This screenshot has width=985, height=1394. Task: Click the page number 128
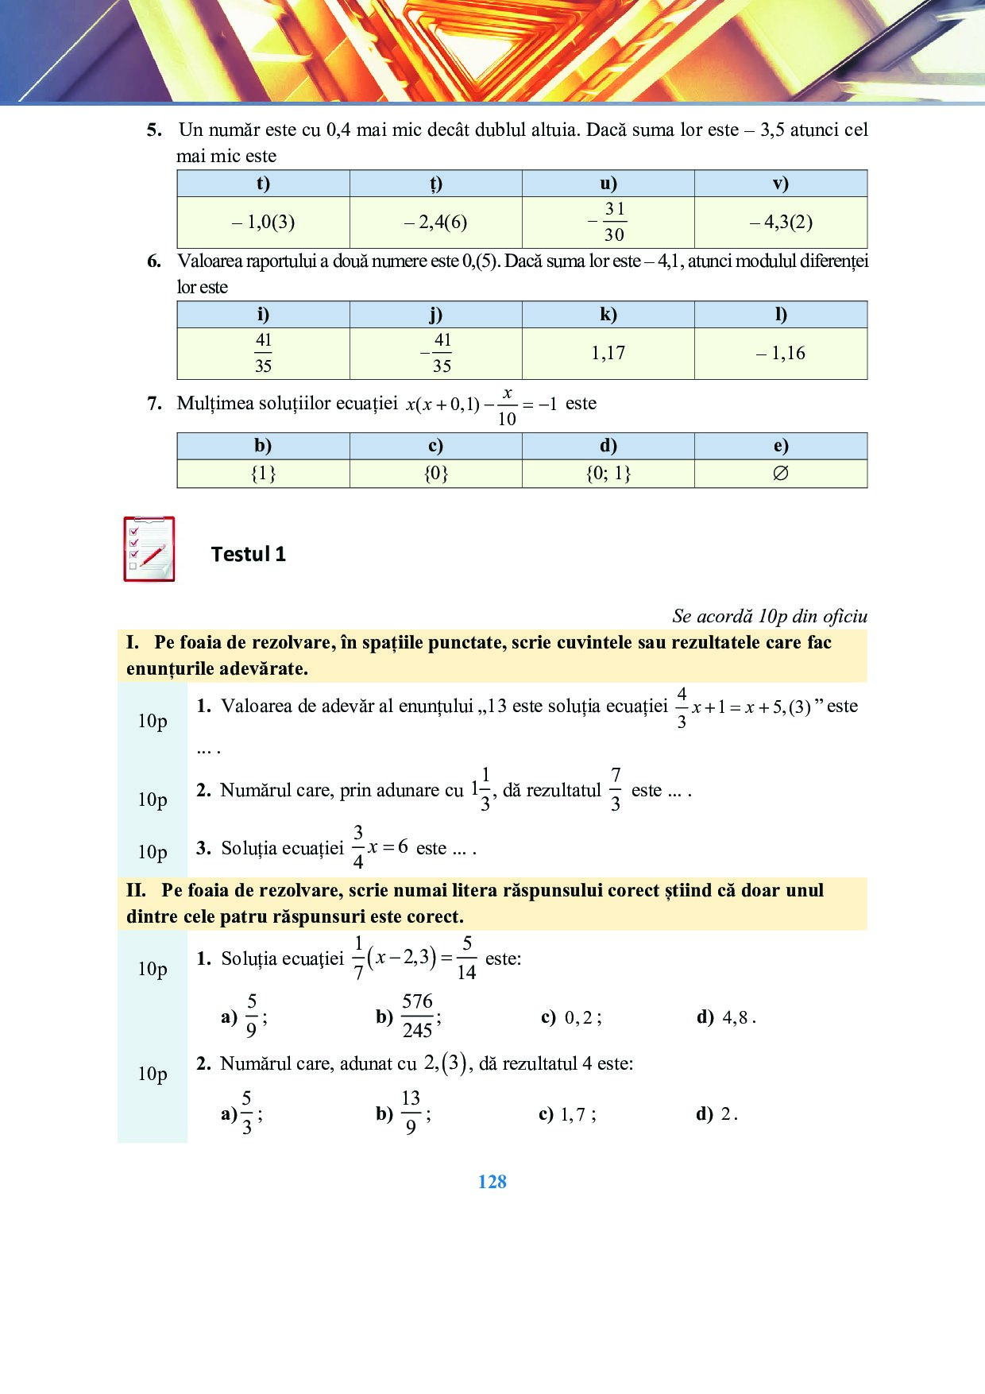click(492, 1182)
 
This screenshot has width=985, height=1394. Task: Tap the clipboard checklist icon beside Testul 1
click(149, 549)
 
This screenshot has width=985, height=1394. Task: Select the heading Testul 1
click(249, 554)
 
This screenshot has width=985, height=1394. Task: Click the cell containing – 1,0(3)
click(263, 223)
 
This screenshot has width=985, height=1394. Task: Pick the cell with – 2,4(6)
click(435, 223)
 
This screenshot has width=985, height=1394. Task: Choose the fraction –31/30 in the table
click(608, 222)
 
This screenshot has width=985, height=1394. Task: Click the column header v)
click(780, 184)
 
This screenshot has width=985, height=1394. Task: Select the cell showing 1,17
click(608, 353)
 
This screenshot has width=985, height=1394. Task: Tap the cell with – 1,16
click(780, 353)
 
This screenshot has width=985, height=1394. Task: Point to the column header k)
click(608, 315)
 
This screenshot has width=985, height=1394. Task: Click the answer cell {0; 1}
click(608, 474)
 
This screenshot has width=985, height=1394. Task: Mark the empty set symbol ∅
click(780, 474)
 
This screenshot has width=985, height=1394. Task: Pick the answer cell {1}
click(263, 474)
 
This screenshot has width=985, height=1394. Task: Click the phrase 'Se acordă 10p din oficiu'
click(770, 616)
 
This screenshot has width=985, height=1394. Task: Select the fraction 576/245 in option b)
click(417, 1016)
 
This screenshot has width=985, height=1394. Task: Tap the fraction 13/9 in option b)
click(411, 1113)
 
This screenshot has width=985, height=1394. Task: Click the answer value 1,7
click(574, 1115)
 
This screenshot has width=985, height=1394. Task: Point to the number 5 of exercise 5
click(154, 130)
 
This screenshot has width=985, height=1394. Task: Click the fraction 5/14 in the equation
click(466, 958)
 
